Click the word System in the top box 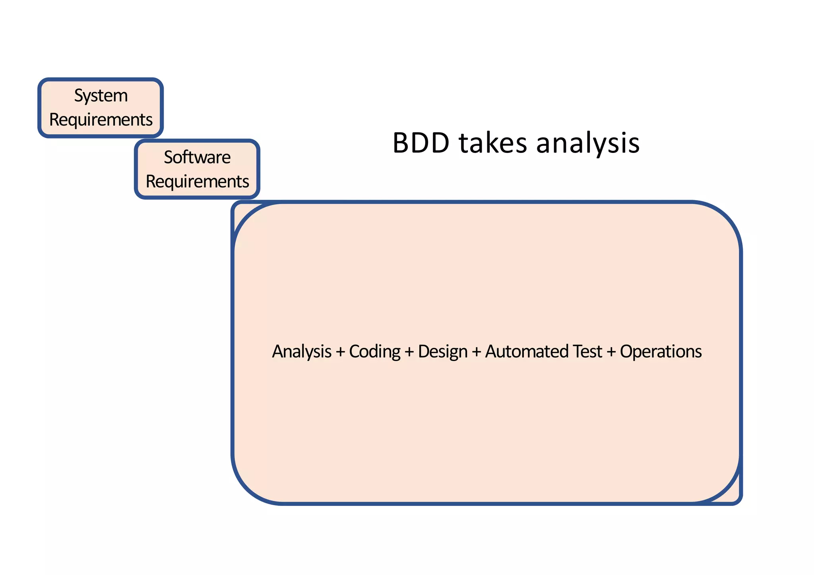tap(101, 96)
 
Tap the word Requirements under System tap(101, 120)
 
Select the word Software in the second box tap(197, 158)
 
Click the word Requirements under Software tap(197, 182)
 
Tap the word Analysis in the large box tap(302, 352)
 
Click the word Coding tap(374, 352)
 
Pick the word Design tap(442, 352)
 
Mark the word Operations tap(661, 352)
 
